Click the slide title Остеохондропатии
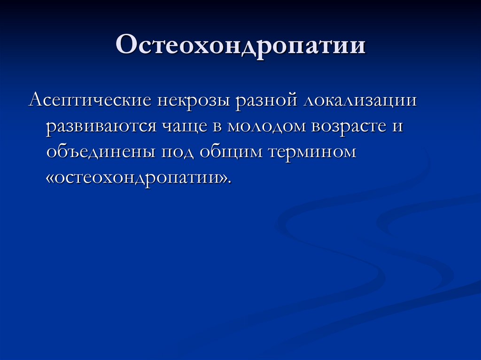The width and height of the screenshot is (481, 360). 240,46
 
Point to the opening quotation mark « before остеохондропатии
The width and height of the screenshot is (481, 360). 50,178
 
